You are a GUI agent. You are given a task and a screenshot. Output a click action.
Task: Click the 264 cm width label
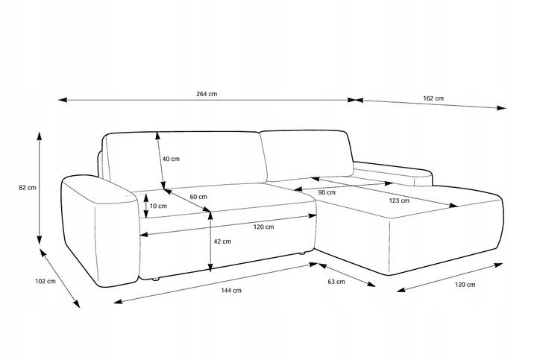[x=207, y=94]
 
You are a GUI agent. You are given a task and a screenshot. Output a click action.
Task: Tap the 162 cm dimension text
[x=433, y=98]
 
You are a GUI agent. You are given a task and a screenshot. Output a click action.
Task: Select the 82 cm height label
[x=27, y=188]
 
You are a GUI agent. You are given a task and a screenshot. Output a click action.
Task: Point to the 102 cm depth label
[x=45, y=282]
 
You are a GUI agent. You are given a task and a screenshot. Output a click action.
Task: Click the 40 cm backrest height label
[x=171, y=159]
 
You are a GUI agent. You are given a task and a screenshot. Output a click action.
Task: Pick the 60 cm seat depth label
[x=198, y=197]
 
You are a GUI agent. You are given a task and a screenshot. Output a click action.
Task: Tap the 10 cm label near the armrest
[x=158, y=206]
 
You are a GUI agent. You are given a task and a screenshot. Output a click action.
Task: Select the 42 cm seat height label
[x=222, y=241]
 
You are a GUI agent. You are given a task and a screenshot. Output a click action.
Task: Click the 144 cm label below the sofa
[x=232, y=291]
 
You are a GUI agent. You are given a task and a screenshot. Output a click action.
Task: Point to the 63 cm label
[x=336, y=282]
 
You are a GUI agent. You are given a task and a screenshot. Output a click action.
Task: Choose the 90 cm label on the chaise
[x=326, y=192]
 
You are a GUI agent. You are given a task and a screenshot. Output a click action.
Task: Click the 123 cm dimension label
[x=399, y=200]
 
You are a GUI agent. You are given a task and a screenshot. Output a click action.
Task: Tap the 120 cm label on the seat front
[x=263, y=227]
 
